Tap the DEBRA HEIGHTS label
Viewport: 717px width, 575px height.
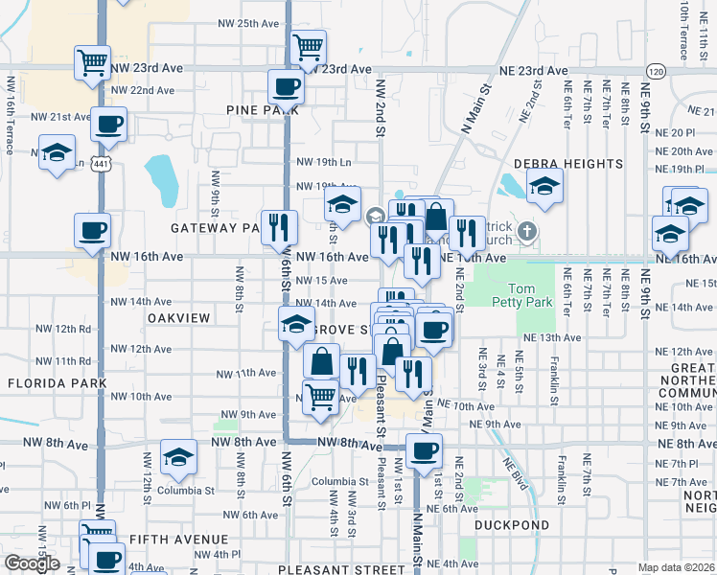click(x=568, y=165)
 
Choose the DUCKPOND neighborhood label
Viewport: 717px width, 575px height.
click(x=513, y=525)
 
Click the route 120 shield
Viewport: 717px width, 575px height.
click(x=656, y=72)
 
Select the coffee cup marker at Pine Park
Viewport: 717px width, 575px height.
click(x=287, y=88)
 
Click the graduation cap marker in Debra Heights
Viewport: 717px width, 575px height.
click(x=544, y=187)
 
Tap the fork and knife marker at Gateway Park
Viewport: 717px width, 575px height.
click(x=279, y=227)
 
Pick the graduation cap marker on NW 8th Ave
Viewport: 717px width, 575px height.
click(x=178, y=458)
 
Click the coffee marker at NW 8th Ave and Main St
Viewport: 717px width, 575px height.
click(x=423, y=449)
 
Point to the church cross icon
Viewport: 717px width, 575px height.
click(x=526, y=231)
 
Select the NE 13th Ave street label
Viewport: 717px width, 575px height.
click(x=552, y=338)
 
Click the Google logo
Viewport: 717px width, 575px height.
click(x=32, y=563)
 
